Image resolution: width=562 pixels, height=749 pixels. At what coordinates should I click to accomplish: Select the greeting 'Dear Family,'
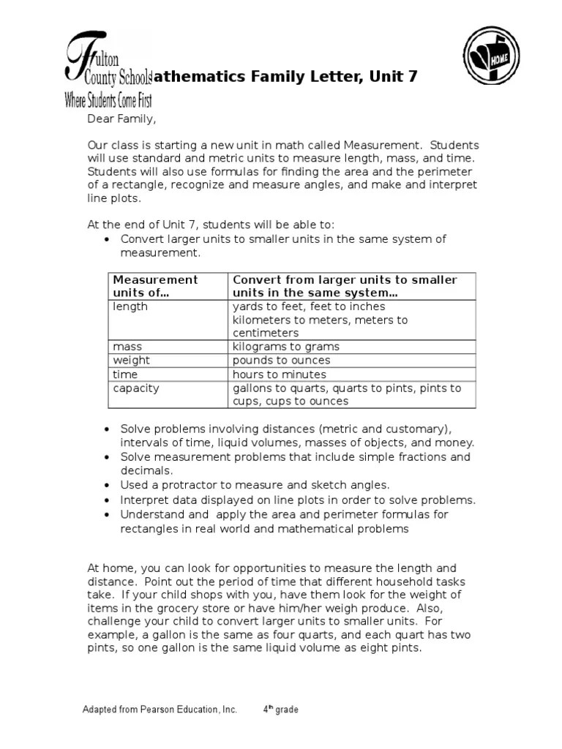pyautogui.click(x=121, y=118)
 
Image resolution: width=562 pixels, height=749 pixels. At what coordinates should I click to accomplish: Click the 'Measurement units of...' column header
pyautogui.click(x=154, y=286)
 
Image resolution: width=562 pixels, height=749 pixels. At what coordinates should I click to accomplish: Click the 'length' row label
pyautogui.click(x=130, y=306)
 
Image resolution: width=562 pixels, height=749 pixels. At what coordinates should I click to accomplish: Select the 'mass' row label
pyautogui.click(x=127, y=347)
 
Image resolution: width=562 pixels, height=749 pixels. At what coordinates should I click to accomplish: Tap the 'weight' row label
pyautogui.click(x=131, y=360)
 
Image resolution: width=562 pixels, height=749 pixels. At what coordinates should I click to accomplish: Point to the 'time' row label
pyautogui.click(x=125, y=374)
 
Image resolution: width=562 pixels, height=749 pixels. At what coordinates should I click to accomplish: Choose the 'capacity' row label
pyautogui.click(x=135, y=388)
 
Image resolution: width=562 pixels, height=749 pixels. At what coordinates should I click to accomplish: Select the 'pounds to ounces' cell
pyautogui.click(x=281, y=360)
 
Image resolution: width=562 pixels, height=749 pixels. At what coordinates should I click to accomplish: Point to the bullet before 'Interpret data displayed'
pyautogui.click(x=107, y=500)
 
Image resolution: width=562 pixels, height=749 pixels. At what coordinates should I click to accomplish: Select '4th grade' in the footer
pyautogui.click(x=281, y=710)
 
